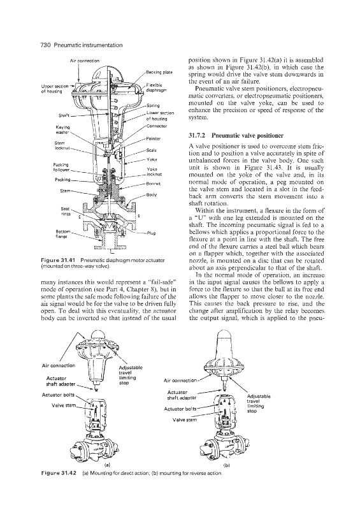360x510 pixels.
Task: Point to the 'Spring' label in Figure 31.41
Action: (153, 105)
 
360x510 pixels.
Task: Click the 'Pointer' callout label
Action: (154, 138)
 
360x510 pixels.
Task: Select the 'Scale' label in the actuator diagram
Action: (152, 150)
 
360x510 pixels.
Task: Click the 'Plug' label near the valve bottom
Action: (151, 233)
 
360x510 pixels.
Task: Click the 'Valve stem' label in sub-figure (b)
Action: (184, 419)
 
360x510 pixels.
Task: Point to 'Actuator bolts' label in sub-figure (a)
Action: (58, 395)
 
